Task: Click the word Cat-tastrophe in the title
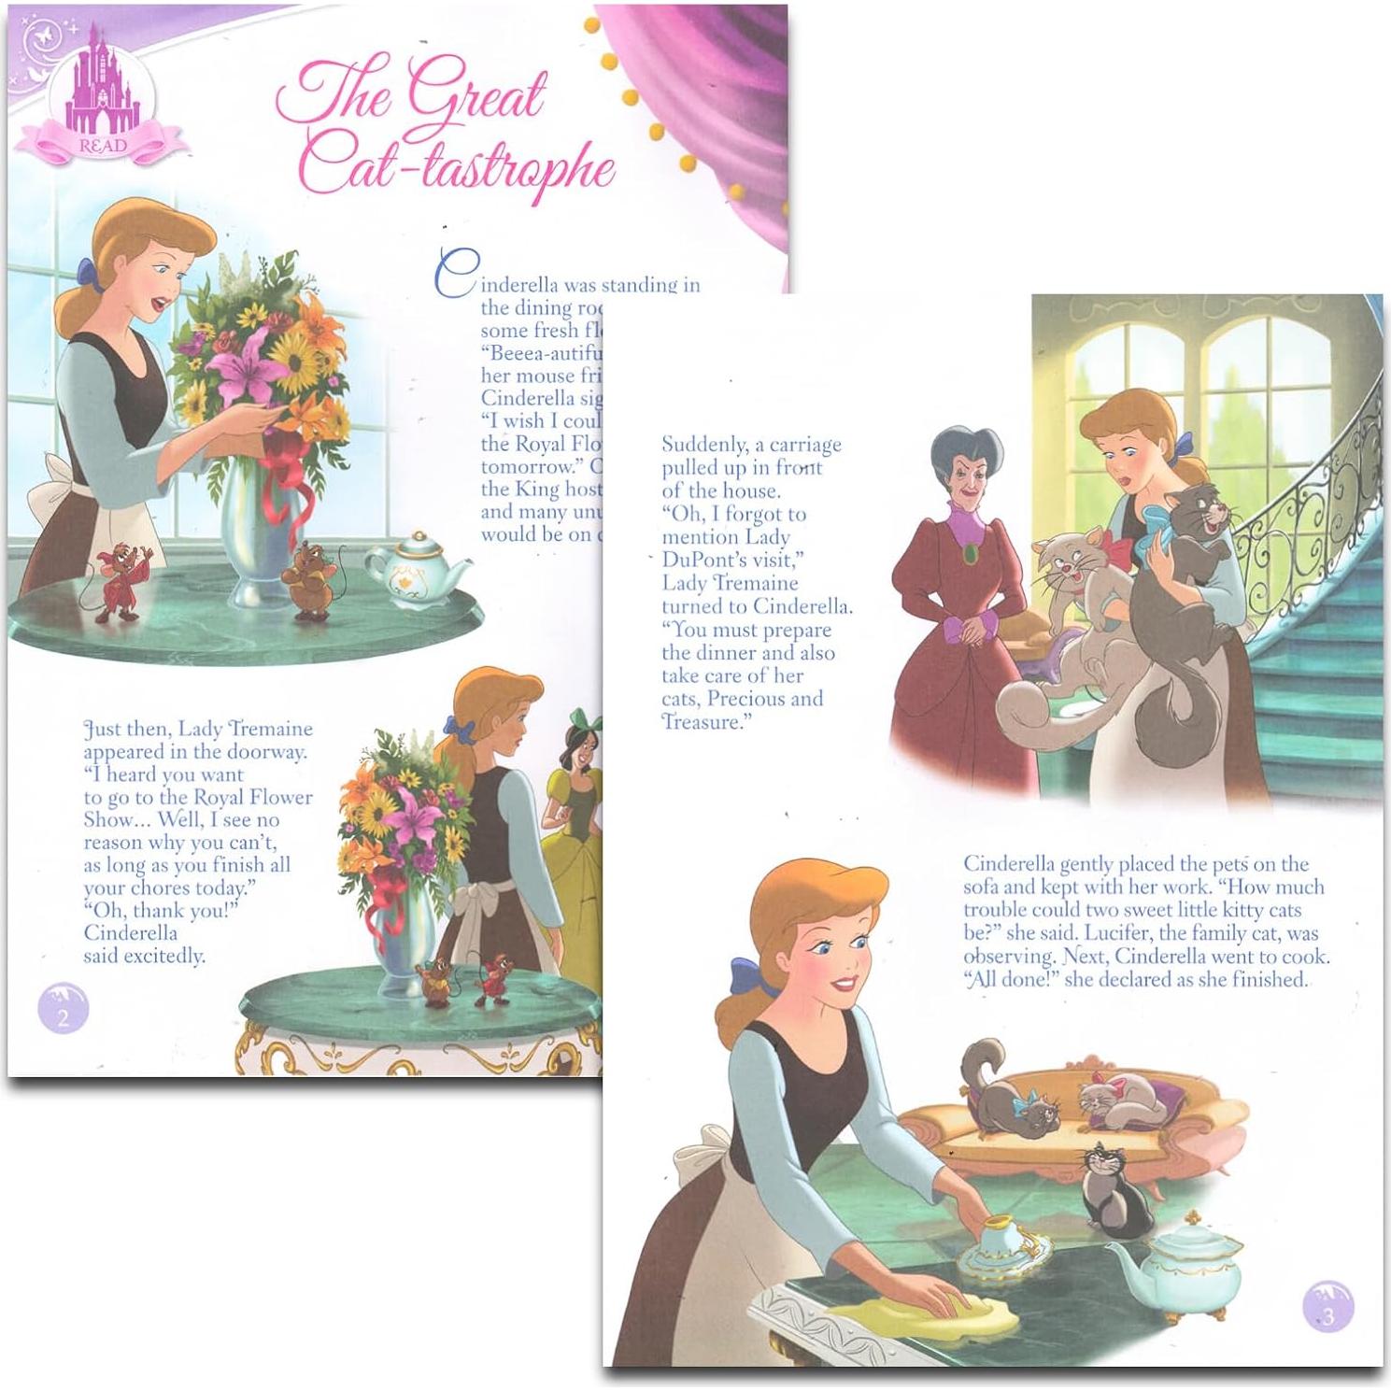tap(457, 168)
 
